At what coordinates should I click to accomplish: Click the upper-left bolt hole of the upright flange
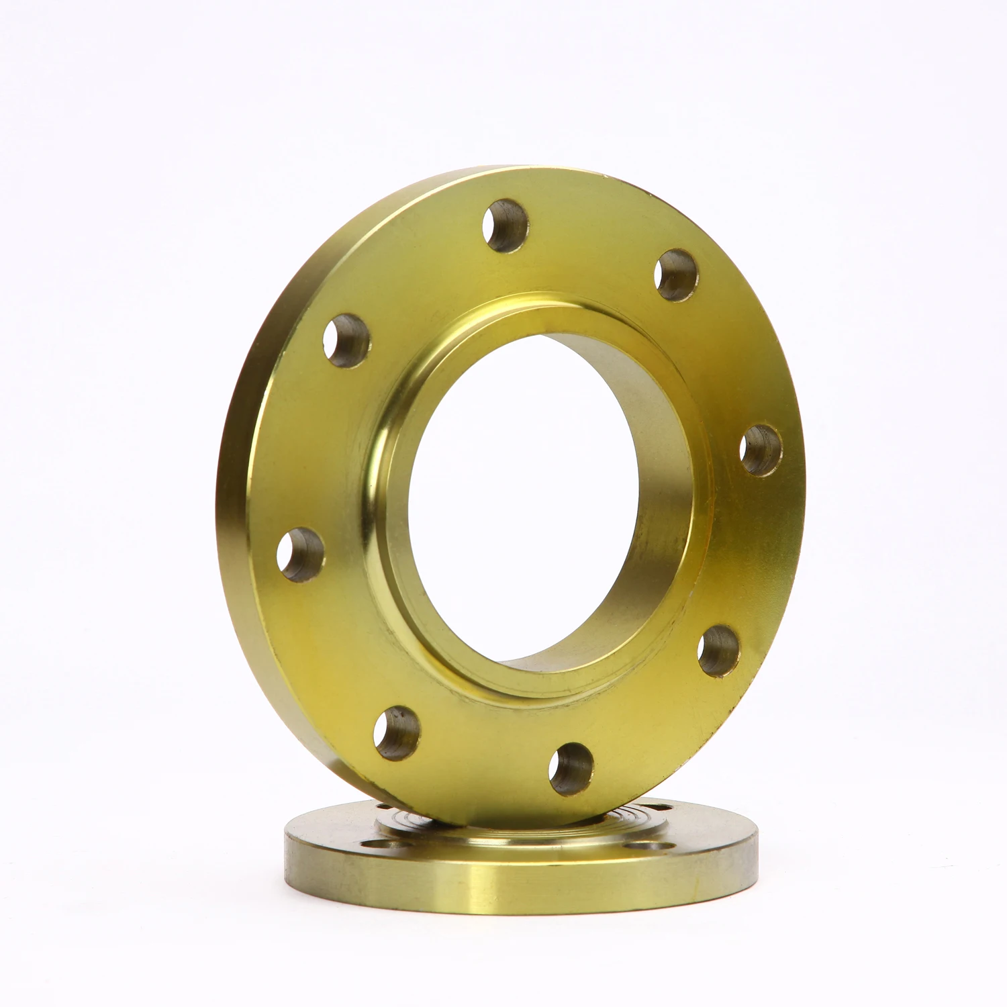click(346, 339)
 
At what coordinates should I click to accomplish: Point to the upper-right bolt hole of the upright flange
click(676, 276)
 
